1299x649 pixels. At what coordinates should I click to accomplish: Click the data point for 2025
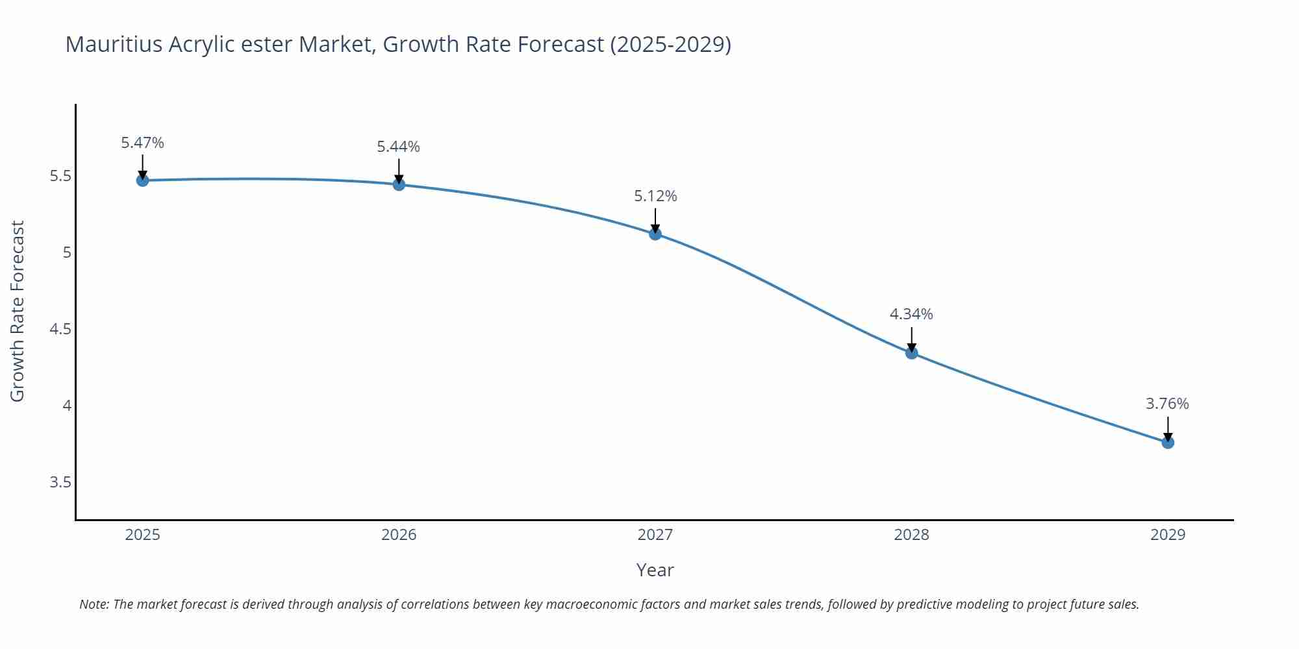[142, 180]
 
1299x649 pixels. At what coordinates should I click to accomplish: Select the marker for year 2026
[399, 184]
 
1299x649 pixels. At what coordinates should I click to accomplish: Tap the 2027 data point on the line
[655, 234]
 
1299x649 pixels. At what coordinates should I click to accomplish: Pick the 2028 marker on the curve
[911, 353]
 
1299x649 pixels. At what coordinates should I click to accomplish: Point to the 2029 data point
[1168, 443]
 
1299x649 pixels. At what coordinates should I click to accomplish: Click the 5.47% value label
[142, 143]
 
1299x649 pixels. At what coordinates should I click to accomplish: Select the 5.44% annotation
[398, 147]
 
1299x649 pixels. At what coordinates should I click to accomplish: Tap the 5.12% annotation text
[655, 196]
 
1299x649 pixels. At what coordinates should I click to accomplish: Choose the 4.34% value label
[911, 314]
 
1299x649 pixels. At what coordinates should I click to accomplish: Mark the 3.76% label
[1167, 404]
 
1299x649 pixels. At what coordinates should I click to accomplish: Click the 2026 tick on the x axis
[399, 535]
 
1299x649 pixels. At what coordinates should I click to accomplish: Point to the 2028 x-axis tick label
[911, 535]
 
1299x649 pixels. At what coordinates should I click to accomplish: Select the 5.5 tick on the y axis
[60, 176]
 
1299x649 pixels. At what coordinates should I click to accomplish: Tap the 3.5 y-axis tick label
[60, 482]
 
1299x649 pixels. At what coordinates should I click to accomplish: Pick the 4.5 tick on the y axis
[60, 329]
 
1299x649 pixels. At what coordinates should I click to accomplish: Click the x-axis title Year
[655, 570]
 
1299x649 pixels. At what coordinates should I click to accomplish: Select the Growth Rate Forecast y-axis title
[18, 311]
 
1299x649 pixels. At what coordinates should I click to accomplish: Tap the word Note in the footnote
[94, 604]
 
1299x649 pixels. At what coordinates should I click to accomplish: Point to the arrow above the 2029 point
[1168, 428]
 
